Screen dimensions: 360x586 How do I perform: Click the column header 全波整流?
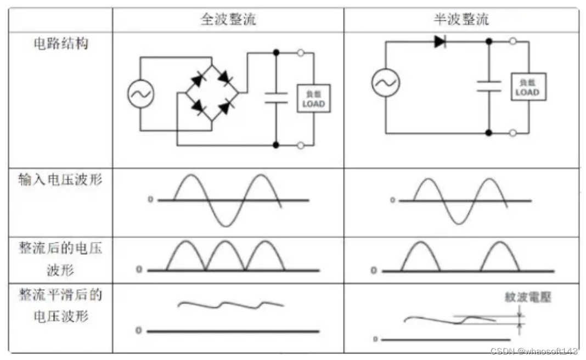coord(228,20)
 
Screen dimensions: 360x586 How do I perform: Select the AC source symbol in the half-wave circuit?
coord(385,83)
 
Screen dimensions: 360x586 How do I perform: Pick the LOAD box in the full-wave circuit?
coord(314,98)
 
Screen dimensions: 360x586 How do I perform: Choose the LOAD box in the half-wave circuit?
coord(528,87)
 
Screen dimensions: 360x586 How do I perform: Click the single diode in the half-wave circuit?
coord(440,41)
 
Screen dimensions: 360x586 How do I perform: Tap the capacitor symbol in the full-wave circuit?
coord(276,98)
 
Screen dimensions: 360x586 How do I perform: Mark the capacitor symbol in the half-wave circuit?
coord(489,86)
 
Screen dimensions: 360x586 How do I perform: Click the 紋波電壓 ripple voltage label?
coord(528,297)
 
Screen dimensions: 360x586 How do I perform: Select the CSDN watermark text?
coord(534,351)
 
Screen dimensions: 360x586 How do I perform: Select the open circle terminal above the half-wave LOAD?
coord(513,41)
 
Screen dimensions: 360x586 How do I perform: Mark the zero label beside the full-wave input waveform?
coord(150,200)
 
